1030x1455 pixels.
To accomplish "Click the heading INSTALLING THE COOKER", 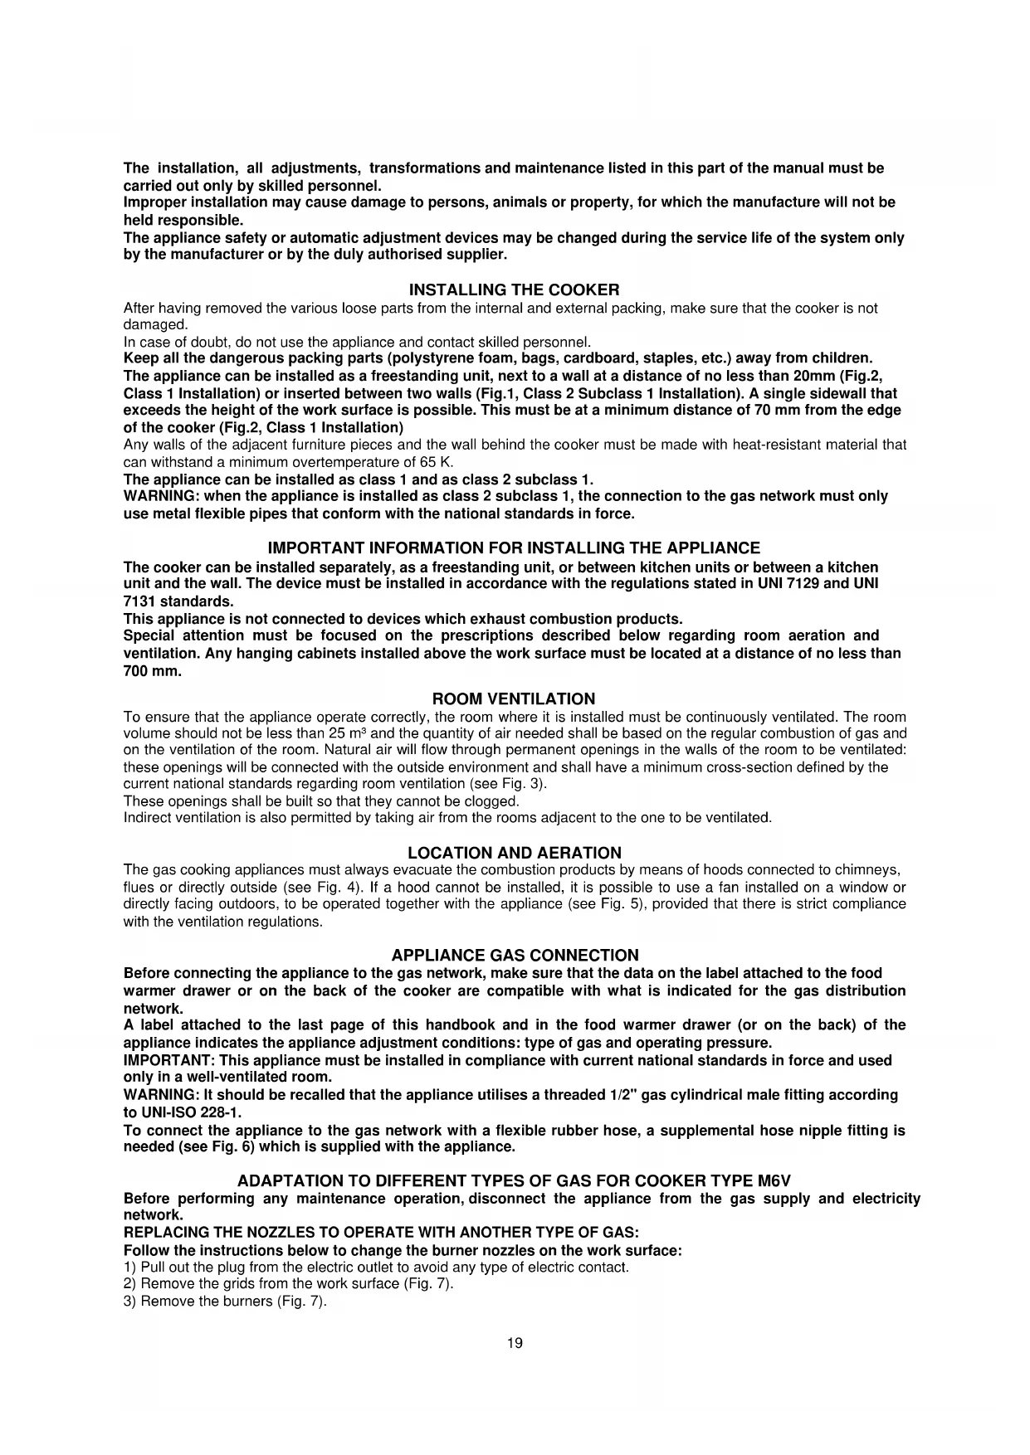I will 514,290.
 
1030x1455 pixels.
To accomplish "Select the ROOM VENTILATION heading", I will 514,699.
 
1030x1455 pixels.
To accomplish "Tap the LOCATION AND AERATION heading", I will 514,853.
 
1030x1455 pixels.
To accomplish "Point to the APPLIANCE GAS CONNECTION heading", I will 515,956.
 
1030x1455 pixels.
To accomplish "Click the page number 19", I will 515,1344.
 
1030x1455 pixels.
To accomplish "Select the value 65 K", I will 434,462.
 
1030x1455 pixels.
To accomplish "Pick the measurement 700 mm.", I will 152,671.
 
